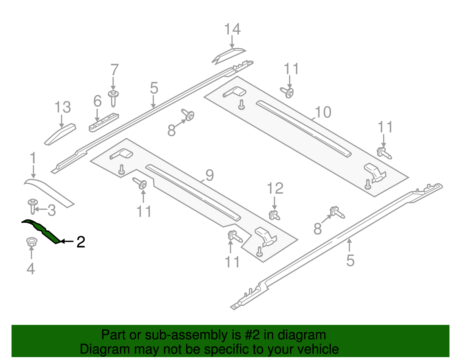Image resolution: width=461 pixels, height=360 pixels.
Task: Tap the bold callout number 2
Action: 81,242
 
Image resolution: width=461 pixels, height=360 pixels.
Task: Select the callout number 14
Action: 232,29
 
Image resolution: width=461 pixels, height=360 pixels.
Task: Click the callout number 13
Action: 63,107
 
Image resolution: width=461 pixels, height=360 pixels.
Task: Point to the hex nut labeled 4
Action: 31,241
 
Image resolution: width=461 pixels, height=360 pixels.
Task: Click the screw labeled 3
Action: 33,206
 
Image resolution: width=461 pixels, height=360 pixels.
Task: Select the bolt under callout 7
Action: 113,98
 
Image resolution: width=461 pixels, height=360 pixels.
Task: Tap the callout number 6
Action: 97,101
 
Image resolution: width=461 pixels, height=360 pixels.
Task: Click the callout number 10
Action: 323,112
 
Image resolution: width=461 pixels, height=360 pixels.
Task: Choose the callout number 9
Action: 209,175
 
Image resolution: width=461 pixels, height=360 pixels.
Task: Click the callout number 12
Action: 275,189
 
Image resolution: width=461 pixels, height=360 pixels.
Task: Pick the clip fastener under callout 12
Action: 274,215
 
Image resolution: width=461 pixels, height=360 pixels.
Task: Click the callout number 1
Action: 33,159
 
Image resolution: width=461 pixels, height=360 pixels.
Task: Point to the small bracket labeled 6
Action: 104,122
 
